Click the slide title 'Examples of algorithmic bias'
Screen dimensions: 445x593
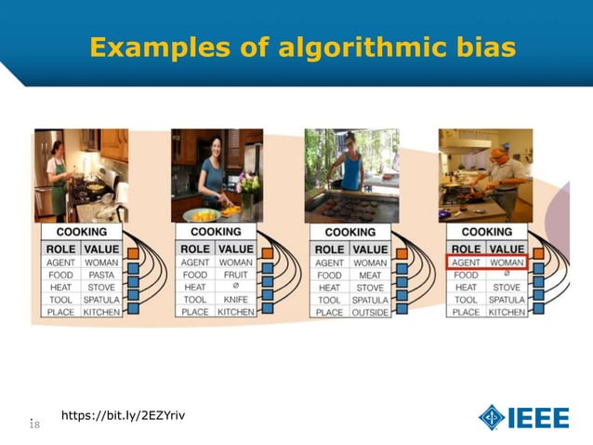(x=302, y=47)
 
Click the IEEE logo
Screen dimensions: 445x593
(x=524, y=417)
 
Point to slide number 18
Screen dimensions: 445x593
(x=34, y=425)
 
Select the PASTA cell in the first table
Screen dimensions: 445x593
(x=101, y=276)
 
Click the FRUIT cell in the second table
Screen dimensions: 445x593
(x=235, y=276)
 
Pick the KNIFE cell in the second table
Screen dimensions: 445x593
(x=235, y=300)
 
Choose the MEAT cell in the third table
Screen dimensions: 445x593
(x=369, y=276)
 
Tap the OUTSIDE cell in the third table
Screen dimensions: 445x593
(x=369, y=312)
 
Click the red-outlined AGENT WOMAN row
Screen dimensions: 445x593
(x=488, y=263)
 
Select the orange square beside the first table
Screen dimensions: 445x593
(x=134, y=252)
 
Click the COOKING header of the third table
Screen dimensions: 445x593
(x=349, y=232)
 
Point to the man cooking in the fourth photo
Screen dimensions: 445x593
(x=503, y=176)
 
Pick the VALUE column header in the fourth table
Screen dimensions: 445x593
(x=507, y=249)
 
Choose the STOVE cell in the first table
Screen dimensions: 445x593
(x=101, y=288)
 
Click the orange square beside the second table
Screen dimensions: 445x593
(x=268, y=252)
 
